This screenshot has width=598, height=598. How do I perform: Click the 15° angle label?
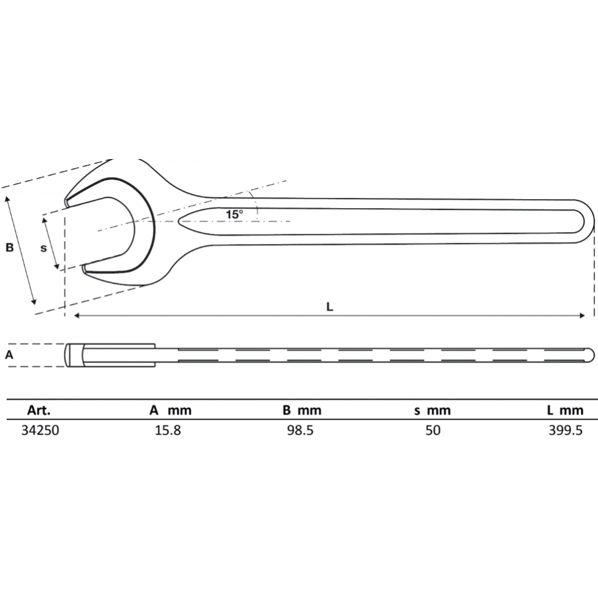tap(234, 214)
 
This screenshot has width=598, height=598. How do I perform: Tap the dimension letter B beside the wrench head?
tap(10, 248)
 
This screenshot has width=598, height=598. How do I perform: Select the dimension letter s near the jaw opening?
tap(44, 248)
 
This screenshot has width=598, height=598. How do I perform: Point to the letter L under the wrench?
tap(330, 306)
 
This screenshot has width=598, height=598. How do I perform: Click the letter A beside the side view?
tap(9, 355)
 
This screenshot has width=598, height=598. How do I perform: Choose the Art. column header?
tap(38, 410)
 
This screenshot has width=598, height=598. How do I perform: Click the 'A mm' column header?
tap(170, 410)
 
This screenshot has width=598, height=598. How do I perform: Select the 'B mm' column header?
tap(302, 410)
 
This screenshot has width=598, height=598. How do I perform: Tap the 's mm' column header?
tap(432, 410)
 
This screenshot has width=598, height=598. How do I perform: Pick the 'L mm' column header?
tap(565, 410)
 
